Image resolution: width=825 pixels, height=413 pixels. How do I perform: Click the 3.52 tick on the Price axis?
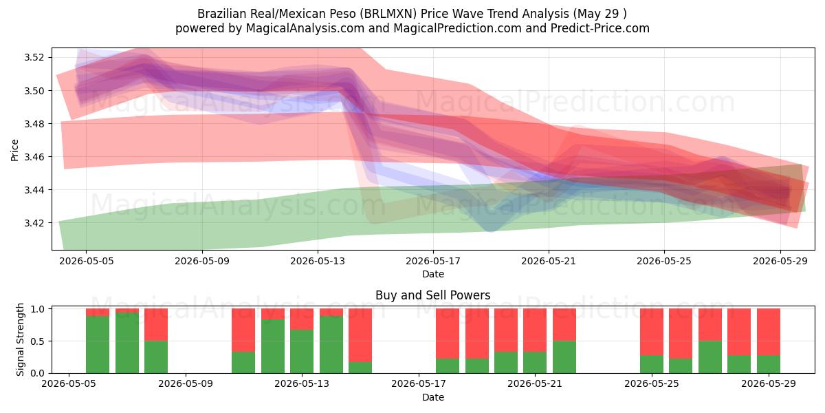pyautogui.click(x=34, y=58)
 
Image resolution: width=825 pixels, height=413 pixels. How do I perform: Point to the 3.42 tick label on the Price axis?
pyautogui.click(x=34, y=223)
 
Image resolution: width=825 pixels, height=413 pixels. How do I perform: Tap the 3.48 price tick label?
pyautogui.click(x=34, y=124)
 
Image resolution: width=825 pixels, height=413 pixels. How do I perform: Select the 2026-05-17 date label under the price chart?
pyautogui.click(x=433, y=261)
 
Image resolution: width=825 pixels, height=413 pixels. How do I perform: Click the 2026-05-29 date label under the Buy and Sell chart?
pyautogui.click(x=769, y=384)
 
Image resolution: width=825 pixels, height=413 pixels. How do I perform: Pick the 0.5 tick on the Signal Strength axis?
pyautogui.click(x=40, y=341)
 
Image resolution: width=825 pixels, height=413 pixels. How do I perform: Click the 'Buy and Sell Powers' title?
pyautogui.click(x=432, y=295)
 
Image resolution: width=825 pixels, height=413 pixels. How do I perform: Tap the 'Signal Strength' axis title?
pyautogui.click(x=20, y=339)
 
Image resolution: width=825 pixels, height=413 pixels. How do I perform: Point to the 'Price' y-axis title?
pyautogui.click(x=14, y=150)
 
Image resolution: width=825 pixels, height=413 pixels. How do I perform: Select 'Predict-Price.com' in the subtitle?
pyautogui.click(x=600, y=28)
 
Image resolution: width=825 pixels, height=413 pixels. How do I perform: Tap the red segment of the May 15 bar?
pyautogui.click(x=360, y=335)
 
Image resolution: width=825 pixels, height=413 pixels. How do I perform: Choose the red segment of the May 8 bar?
pyautogui.click(x=156, y=325)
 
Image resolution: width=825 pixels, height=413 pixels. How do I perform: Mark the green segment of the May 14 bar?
pyautogui.click(x=331, y=345)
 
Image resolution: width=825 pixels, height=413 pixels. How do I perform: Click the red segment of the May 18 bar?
pyautogui.click(x=448, y=334)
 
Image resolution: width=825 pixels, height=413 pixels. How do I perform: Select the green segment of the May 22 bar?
pyautogui.click(x=564, y=357)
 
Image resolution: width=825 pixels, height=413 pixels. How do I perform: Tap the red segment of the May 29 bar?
pyautogui.click(x=769, y=332)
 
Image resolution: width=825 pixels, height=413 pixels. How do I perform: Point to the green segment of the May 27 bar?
pyautogui.click(x=710, y=357)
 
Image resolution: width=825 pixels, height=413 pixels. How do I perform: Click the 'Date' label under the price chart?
pyautogui.click(x=433, y=275)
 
